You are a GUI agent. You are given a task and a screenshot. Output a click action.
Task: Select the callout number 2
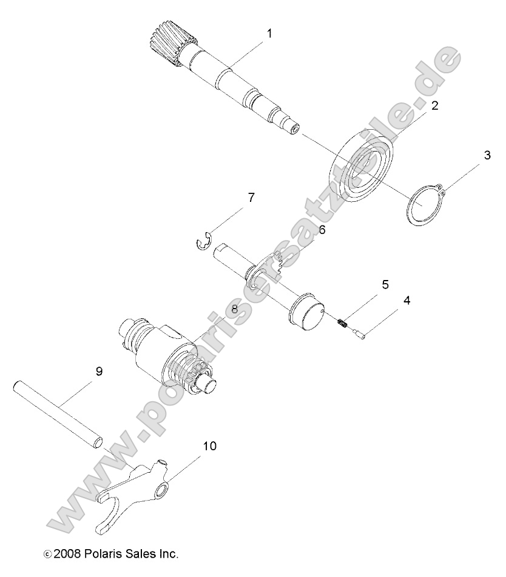pos(434,105)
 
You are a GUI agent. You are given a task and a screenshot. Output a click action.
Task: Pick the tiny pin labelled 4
pos(359,334)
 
